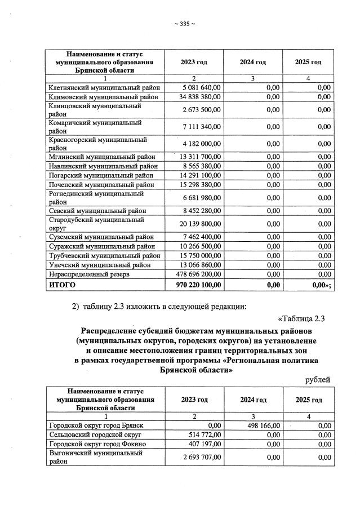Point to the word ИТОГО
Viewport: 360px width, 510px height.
click(x=63, y=285)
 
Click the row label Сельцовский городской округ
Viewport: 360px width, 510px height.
click(x=95, y=434)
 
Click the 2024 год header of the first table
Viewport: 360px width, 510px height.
click(x=252, y=61)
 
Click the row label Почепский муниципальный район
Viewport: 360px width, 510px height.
click(x=102, y=184)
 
